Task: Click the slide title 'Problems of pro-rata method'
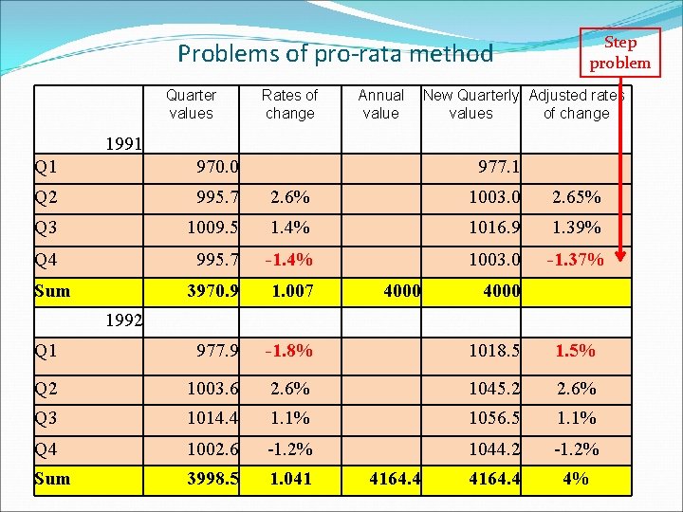pyautogui.click(x=336, y=54)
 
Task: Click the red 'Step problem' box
pyautogui.click(x=619, y=52)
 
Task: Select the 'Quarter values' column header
pyautogui.click(x=191, y=104)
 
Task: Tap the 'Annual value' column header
pyautogui.click(x=380, y=104)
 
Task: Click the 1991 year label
pyautogui.click(x=123, y=145)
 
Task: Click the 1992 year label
pyautogui.click(x=123, y=320)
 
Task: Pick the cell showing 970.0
pyautogui.click(x=217, y=168)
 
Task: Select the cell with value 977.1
pyautogui.click(x=499, y=168)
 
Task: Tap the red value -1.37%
pyautogui.click(x=575, y=259)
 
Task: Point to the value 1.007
pyautogui.click(x=290, y=290)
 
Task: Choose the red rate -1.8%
pyautogui.click(x=289, y=351)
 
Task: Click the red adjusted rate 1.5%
pyautogui.click(x=576, y=351)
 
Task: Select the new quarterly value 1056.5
pyautogui.click(x=494, y=418)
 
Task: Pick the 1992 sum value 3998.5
pyautogui.click(x=212, y=479)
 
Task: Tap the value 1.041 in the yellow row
pyautogui.click(x=290, y=479)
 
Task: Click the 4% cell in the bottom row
pyautogui.click(x=576, y=479)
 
